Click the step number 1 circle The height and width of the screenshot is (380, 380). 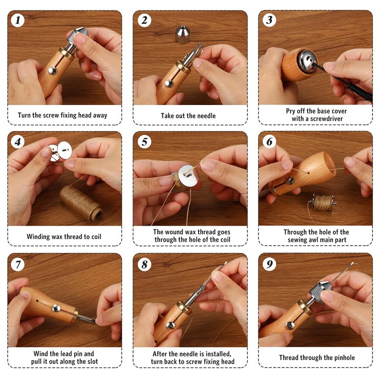18,20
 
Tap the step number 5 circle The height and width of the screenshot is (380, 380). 144,142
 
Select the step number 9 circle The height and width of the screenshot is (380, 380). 269,264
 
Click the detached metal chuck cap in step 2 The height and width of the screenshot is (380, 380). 182,35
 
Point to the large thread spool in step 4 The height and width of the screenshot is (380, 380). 81,203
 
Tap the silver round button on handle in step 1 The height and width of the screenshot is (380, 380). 52,70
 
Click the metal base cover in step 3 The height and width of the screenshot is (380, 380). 307,61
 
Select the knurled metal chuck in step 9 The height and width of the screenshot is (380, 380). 320,291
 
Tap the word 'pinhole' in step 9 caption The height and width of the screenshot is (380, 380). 344,358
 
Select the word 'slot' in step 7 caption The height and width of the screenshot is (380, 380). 92,361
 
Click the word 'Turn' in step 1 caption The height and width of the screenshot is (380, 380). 24,115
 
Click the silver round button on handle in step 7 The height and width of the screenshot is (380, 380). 56,308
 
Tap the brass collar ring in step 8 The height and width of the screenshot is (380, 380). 183,308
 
